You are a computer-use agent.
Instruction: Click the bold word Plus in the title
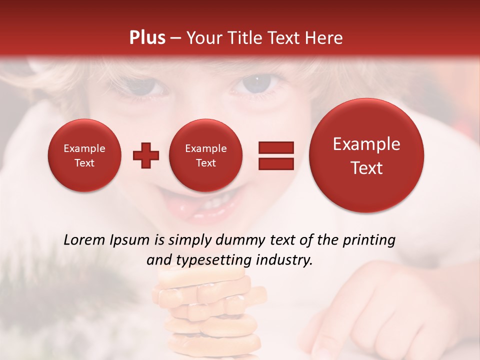click(x=147, y=38)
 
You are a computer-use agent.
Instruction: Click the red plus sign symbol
click(x=146, y=155)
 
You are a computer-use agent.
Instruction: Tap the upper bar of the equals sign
click(x=275, y=147)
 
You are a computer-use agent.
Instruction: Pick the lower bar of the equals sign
click(x=275, y=164)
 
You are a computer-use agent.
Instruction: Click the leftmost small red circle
click(x=84, y=155)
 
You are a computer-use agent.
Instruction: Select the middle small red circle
click(x=206, y=155)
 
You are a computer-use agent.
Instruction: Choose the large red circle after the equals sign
click(x=366, y=155)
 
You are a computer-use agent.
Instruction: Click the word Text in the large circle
click(x=366, y=168)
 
